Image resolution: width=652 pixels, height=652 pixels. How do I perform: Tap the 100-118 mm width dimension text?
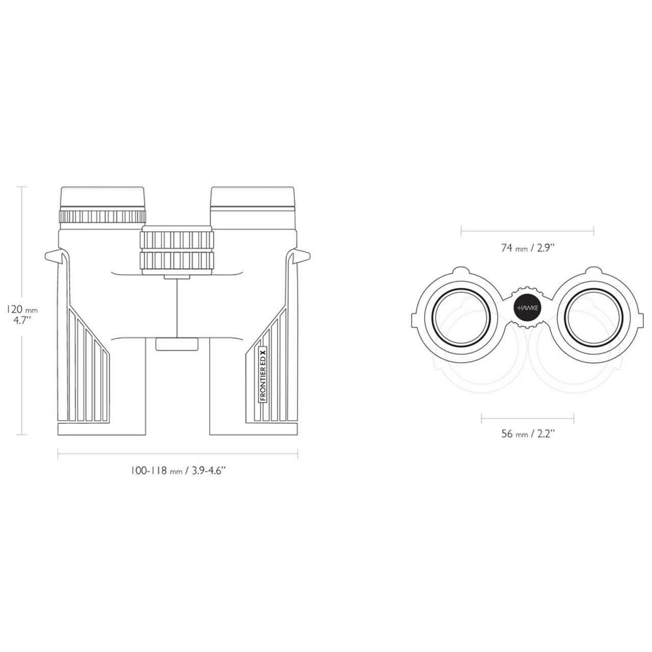point(178,471)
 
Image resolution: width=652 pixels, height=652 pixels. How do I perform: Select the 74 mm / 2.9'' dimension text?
point(527,248)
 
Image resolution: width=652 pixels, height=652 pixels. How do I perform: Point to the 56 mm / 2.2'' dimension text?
point(527,434)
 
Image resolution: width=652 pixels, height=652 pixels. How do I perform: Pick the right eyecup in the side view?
point(253,198)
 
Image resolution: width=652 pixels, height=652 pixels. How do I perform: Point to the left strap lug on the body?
point(55,256)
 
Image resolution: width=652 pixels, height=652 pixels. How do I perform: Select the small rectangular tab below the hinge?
point(177,344)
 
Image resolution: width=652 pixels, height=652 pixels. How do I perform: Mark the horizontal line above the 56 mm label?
point(527,419)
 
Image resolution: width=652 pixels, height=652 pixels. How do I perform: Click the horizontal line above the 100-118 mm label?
point(178,454)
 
